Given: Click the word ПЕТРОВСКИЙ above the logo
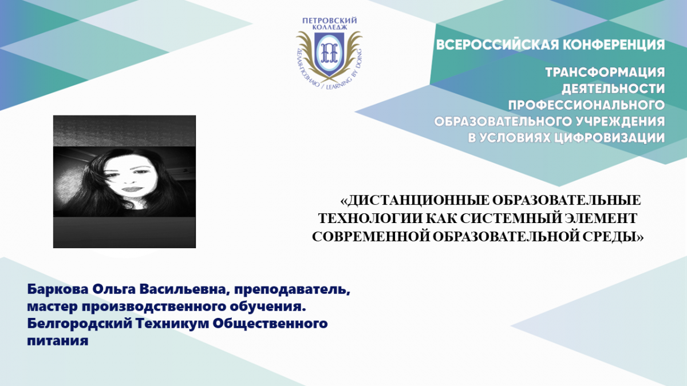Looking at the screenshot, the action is [329, 21].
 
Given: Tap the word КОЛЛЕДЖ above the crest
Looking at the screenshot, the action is [330, 27].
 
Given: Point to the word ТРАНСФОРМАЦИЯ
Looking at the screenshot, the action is [605, 72].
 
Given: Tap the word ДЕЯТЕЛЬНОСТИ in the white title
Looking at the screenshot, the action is [613, 89].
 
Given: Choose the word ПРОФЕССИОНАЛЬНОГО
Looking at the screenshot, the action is [586, 105].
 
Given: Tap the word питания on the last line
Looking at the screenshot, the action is [58, 341].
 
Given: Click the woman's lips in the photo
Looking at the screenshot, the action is [131, 189].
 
